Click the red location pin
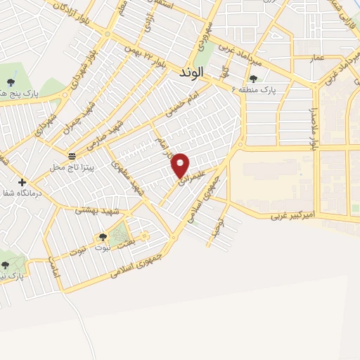click(x=181, y=165)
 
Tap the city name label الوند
click(x=191, y=72)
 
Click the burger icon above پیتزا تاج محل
click(x=72, y=155)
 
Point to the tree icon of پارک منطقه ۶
click(x=253, y=79)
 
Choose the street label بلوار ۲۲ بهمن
click(x=145, y=58)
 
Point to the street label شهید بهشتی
click(x=99, y=211)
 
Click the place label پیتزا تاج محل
click(x=67, y=167)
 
